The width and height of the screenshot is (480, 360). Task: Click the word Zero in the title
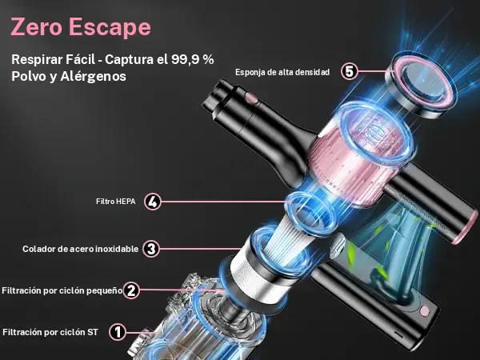click(37, 27)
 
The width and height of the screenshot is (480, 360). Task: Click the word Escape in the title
click(110, 28)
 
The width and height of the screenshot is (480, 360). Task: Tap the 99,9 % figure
click(193, 59)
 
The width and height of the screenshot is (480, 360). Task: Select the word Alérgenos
click(93, 76)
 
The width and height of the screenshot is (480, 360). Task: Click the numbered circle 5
click(350, 72)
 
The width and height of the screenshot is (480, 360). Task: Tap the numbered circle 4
click(153, 202)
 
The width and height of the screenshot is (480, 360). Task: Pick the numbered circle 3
click(151, 249)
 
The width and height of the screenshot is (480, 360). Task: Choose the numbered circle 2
click(131, 290)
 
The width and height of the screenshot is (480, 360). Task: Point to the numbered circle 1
click(118, 332)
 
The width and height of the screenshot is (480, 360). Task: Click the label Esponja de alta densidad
click(282, 72)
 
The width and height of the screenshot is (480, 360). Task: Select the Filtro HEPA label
click(116, 202)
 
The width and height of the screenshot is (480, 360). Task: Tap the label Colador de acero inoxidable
click(80, 249)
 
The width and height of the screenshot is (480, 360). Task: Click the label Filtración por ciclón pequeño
click(62, 290)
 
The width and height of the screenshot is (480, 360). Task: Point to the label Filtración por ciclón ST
click(50, 332)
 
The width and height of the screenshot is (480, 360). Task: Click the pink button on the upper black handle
click(251, 98)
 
